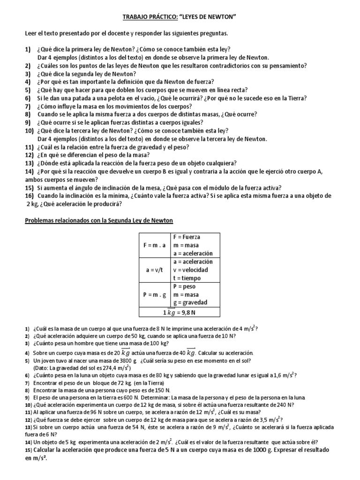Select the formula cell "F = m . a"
pos(154,245)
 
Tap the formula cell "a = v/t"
pos(154,270)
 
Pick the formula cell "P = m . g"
pos(154,294)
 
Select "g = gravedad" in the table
pos(190,302)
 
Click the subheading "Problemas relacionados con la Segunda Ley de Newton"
pos(99,220)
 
